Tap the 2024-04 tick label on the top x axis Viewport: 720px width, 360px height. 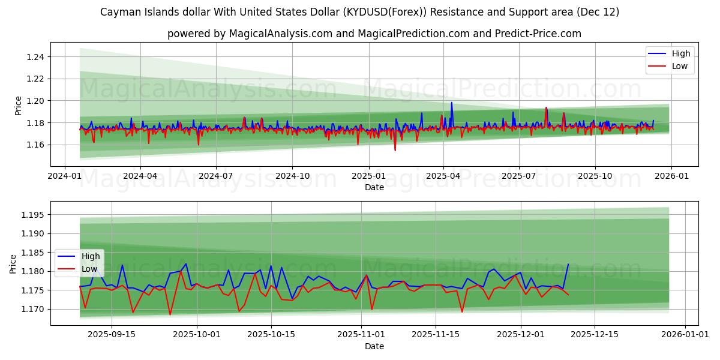(x=140, y=176)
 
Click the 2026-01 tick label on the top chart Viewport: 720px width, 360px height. (x=671, y=176)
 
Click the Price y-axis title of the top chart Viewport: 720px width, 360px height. (x=18, y=105)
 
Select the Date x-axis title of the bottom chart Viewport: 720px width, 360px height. (x=374, y=346)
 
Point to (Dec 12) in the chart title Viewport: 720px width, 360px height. (x=596, y=12)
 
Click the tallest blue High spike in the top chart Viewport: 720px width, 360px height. (x=452, y=103)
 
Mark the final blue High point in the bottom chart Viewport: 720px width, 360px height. (x=568, y=264)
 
